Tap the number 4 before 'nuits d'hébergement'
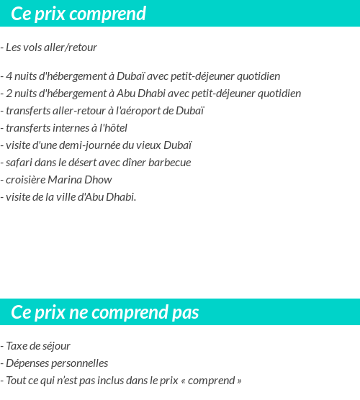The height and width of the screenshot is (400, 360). point(9,76)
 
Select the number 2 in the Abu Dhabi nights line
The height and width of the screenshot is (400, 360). point(9,94)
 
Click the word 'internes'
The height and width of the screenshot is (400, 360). point(68,128)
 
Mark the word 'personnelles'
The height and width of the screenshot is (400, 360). point(81,363)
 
